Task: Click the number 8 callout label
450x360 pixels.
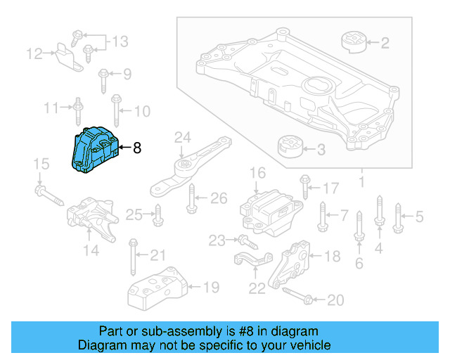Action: tap(136, 148)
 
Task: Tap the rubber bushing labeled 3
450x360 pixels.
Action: tap(288, 148)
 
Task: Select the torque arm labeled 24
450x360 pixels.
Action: tap(188, 167)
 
